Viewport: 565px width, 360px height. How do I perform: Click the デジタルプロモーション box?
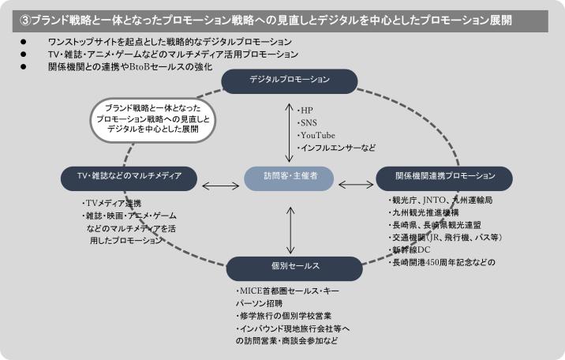point(289,81)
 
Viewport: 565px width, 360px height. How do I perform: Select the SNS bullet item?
point(308,122)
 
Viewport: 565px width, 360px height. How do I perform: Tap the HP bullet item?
point(306,110)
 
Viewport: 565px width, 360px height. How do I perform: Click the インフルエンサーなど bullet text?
point(336,148)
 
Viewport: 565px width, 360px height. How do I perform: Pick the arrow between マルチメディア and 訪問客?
point(220,186)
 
